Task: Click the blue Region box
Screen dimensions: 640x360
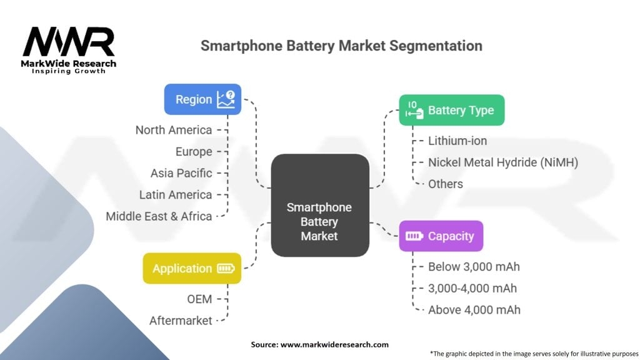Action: tap(202, 99)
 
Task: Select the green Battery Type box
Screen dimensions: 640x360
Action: tap(451, 111)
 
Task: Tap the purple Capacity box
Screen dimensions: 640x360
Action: tap(441, 236)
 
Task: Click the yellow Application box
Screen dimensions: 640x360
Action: tap(192, 269)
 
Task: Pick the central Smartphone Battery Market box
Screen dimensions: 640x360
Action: tap(319, 205)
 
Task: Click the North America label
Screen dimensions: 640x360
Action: tap(174, 130)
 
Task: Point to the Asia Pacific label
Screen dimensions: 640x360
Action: tap(181, 173)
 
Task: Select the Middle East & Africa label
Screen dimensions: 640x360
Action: tap(159, 216)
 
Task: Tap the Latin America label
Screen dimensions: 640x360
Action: tap(176, 195)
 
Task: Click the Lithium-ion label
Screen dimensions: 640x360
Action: tap(457, 141)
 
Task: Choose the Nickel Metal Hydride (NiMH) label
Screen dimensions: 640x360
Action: tap(503, 162)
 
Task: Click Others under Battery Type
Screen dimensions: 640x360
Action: tap(446, 184)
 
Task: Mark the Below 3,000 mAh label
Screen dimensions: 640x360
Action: tap(474, 267)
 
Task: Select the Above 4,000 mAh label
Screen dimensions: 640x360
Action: tap(474, 309)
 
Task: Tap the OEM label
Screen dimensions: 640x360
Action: tap(200, 299)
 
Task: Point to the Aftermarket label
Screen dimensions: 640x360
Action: tap(181, 321)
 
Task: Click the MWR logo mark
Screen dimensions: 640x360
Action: tap(69, 42)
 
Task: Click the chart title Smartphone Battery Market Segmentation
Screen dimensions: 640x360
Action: tap(341, 46)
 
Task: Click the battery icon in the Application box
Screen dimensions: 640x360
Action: tap(226, 269)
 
